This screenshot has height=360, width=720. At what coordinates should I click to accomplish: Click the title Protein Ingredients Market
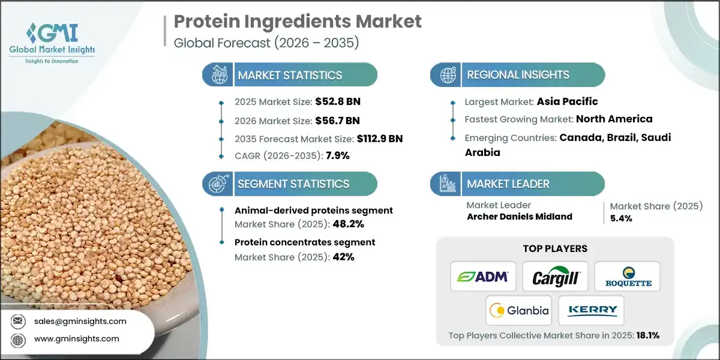point(298,22)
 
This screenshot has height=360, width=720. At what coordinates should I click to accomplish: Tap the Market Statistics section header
point(290,75)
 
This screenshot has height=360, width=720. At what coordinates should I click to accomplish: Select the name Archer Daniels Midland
point(519,217)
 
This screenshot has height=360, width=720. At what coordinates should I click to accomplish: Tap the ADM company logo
point(483,277)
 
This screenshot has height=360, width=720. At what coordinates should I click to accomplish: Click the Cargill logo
point(555,277)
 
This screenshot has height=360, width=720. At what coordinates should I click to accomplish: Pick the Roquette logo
point(627,277)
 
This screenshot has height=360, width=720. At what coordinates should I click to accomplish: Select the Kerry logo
point(591,310)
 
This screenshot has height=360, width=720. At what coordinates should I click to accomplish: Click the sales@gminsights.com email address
point(80,321)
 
